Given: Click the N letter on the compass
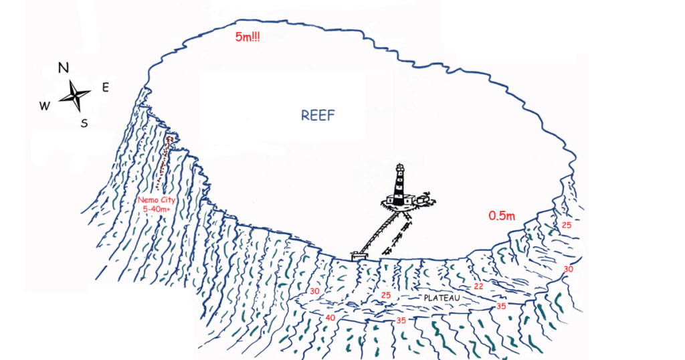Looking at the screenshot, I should pos(64,68).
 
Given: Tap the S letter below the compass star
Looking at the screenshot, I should pos(84,123).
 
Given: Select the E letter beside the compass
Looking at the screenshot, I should pos(106,87).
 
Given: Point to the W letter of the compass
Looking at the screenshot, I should pos(44,105).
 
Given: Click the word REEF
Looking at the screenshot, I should pos(317,116).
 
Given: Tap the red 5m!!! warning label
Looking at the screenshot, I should pos(248,37).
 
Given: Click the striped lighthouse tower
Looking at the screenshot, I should pos(399,183).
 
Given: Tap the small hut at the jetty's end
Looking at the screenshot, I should pos(359,256).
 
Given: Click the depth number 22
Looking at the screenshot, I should pos(478,286).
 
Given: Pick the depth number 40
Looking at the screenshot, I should pos(330,318).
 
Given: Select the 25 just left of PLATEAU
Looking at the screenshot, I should pos(385,295).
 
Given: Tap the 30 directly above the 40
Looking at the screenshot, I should pos(315,291).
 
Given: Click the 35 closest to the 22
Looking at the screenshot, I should pos(501,306).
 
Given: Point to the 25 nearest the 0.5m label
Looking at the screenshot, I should pos(566,225).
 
